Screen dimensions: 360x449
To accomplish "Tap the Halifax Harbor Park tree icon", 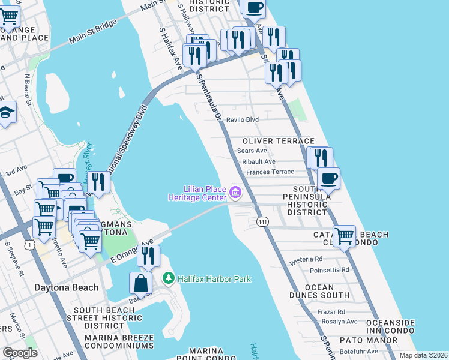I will (169, 279).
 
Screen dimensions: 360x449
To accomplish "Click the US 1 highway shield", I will (29, 244).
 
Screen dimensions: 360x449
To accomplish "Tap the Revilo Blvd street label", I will (243, 119).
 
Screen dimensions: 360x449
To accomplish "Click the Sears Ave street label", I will (252, 151).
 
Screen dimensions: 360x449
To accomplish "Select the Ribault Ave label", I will (259, 161).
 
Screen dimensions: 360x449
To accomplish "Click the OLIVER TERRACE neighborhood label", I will (278, 140).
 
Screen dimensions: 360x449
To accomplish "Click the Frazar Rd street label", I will (333, 311).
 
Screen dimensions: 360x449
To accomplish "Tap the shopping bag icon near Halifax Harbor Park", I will (140, 282).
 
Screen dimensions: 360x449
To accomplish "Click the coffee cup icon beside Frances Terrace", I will (328, 178).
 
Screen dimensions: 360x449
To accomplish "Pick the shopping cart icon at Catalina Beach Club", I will (344, 235).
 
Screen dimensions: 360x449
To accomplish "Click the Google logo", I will (20, 353).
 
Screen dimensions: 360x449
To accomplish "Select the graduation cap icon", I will (6, 112).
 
